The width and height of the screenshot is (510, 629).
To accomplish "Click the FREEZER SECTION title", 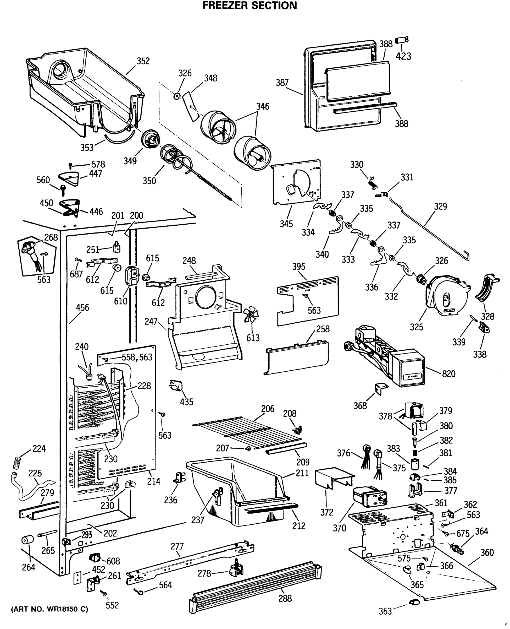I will click(x=250, y=6).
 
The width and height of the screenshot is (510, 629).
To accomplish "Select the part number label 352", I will click(x=143, y=61).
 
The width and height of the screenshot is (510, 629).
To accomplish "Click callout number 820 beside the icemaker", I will click(x=448, y=374).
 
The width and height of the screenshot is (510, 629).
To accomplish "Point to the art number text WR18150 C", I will click(x=49, y=609).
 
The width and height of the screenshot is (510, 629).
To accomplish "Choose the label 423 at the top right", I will click(x=403, y=56).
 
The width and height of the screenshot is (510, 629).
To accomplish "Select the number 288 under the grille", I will click(x=285, y=598).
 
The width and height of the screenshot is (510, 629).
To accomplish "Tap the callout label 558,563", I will click(x=137, y=357).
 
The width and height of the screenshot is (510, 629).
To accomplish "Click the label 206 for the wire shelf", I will click(x=268, y=409).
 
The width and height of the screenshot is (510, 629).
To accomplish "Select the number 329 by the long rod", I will click(x=440, y=207).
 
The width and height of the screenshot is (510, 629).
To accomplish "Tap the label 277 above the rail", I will click(x=177, y=546).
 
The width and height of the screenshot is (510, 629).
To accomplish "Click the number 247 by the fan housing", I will click(x=151, y=321).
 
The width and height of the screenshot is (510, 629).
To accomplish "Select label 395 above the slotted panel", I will click(x=298, y=267).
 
